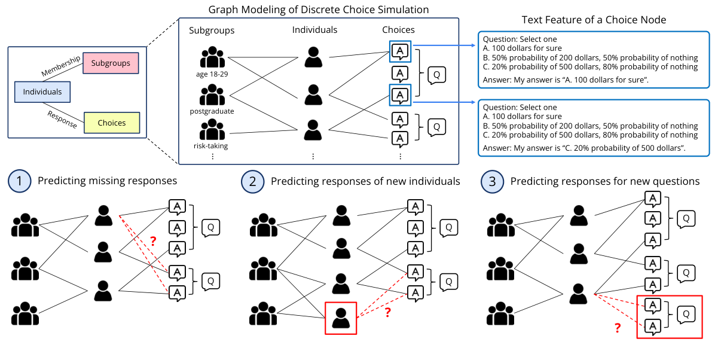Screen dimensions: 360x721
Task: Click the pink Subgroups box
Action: (111, 63)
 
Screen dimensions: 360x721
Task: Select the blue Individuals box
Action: (42, 92)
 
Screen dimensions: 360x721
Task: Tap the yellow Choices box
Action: (112, 123)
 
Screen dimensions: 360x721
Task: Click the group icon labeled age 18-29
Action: (212, 57)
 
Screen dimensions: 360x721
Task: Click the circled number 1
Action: (20, 181)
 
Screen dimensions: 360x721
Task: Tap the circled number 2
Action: (252, 181)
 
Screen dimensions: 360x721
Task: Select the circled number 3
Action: (492, 181)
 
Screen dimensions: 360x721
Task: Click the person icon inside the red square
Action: (341, 318)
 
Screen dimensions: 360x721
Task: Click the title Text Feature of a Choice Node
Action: (594, 20)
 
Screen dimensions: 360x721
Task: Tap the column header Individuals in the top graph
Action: (314, 30)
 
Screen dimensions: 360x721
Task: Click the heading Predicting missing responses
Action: (107, 181)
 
